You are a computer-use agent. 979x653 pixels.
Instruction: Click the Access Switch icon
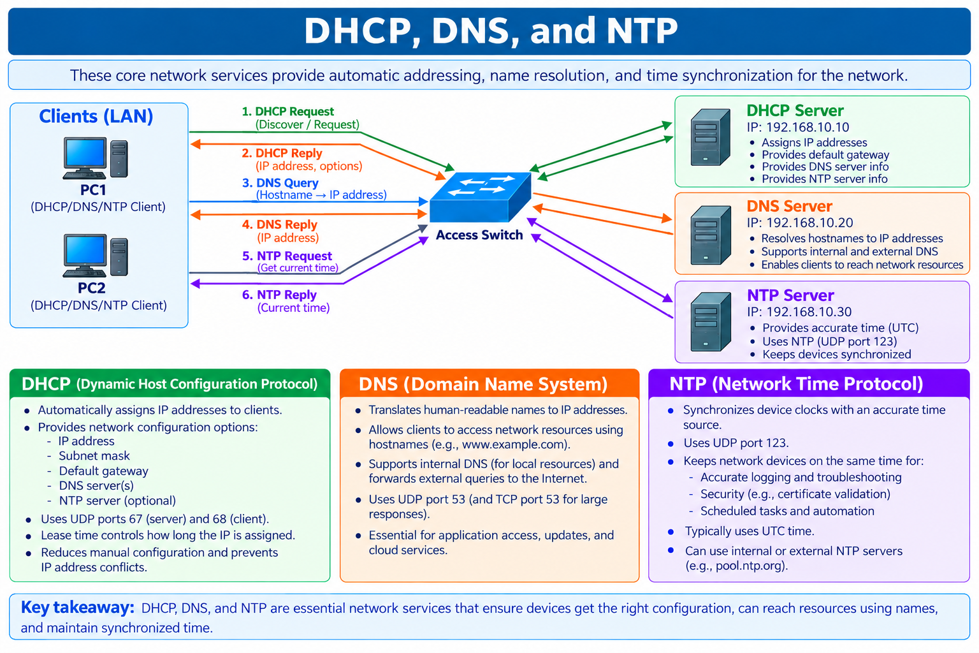coord(481,197)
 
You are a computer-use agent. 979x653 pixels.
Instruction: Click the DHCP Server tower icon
coord(710,137)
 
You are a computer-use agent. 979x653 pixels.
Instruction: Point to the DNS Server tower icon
coord(711,235)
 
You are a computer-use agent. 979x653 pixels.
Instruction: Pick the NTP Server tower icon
coord(711,321)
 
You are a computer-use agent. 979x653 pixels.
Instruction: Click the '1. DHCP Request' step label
coord(288,112)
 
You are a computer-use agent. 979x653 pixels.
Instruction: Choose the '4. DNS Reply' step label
coord(280,224)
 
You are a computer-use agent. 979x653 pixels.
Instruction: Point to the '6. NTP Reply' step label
coord(279,295)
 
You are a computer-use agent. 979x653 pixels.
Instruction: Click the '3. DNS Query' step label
coord(280,183)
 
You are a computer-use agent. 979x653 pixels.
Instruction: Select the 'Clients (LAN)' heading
coord(96,116)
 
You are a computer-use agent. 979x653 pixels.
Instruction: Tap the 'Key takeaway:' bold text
coord(77,608)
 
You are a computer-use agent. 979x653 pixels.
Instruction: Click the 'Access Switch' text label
coord(479,235)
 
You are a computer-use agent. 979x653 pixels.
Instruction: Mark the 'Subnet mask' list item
coord(94,456)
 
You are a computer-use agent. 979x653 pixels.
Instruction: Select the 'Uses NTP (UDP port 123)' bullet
coord(829,342)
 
